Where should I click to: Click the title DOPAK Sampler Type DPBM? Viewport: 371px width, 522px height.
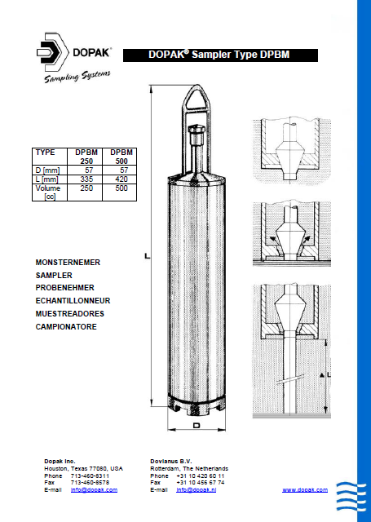pyautogui.click(x=208, y=55)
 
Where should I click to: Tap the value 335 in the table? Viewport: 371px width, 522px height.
pyautogui.click(x=88, y=178)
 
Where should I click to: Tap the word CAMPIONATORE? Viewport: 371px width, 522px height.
pyautogui.click(x=66, y=326)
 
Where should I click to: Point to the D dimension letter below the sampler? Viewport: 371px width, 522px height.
pyautogui.click(x=196, y=427)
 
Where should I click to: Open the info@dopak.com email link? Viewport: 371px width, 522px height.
pyautogui.click(x=94, y=489)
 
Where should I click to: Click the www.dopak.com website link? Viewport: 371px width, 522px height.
pyautogui.click(x=305, y=489)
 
